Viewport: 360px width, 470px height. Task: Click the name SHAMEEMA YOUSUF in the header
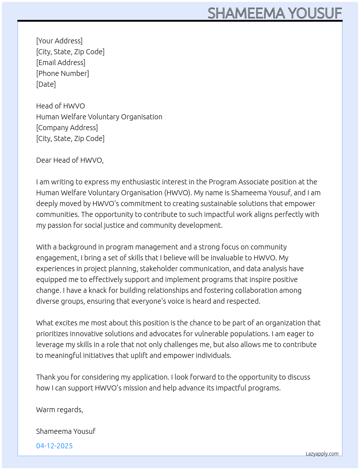click(275, 13)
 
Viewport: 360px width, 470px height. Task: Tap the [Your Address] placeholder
click(59, 41)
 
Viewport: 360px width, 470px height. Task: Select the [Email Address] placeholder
click(61, 63)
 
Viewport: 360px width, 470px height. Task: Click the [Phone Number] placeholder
click(63, 73)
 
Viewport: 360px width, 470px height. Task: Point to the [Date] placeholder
click(46, 84)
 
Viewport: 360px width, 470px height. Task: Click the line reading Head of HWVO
click(60, 106)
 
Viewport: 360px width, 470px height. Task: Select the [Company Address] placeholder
click(67, 128)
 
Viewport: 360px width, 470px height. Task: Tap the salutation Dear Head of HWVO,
click(70, 160)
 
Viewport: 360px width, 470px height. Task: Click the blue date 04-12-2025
click(54, 446)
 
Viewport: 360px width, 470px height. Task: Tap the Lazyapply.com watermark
click(322, 454)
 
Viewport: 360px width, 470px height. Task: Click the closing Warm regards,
click(60, 410)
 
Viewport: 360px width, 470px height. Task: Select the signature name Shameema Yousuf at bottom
click(66, 431)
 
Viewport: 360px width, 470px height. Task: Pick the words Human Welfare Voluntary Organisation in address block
click(99, 117)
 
